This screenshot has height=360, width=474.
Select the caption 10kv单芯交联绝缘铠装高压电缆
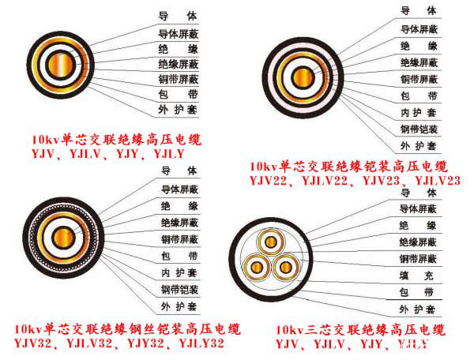tap(348, 167)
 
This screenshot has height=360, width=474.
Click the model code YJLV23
tap(436, 181)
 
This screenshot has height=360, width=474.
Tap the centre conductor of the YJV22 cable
tap(303, 77)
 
